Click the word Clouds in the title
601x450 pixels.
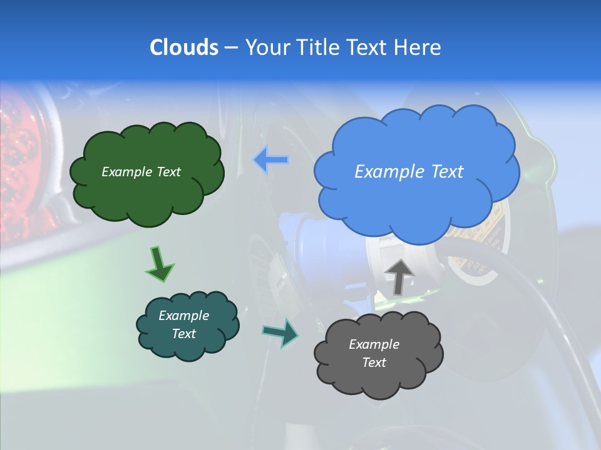pyautogui.click(x=183, y=47)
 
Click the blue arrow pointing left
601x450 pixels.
pyautogui.click(x=272, y=160)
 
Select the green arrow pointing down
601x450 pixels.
pyautogui.click(x=159, y=264)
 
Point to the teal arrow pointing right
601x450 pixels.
pyautogui.click(x=281, y=332)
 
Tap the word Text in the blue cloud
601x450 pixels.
pyautogui.click(x=447, y=172)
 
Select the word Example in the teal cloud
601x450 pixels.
pyautogui.click(x=184, y=316)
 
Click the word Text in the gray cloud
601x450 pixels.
pyautogui.click(x=374, y=362)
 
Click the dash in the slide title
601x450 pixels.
pyautogui.click(x=231, y=48)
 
